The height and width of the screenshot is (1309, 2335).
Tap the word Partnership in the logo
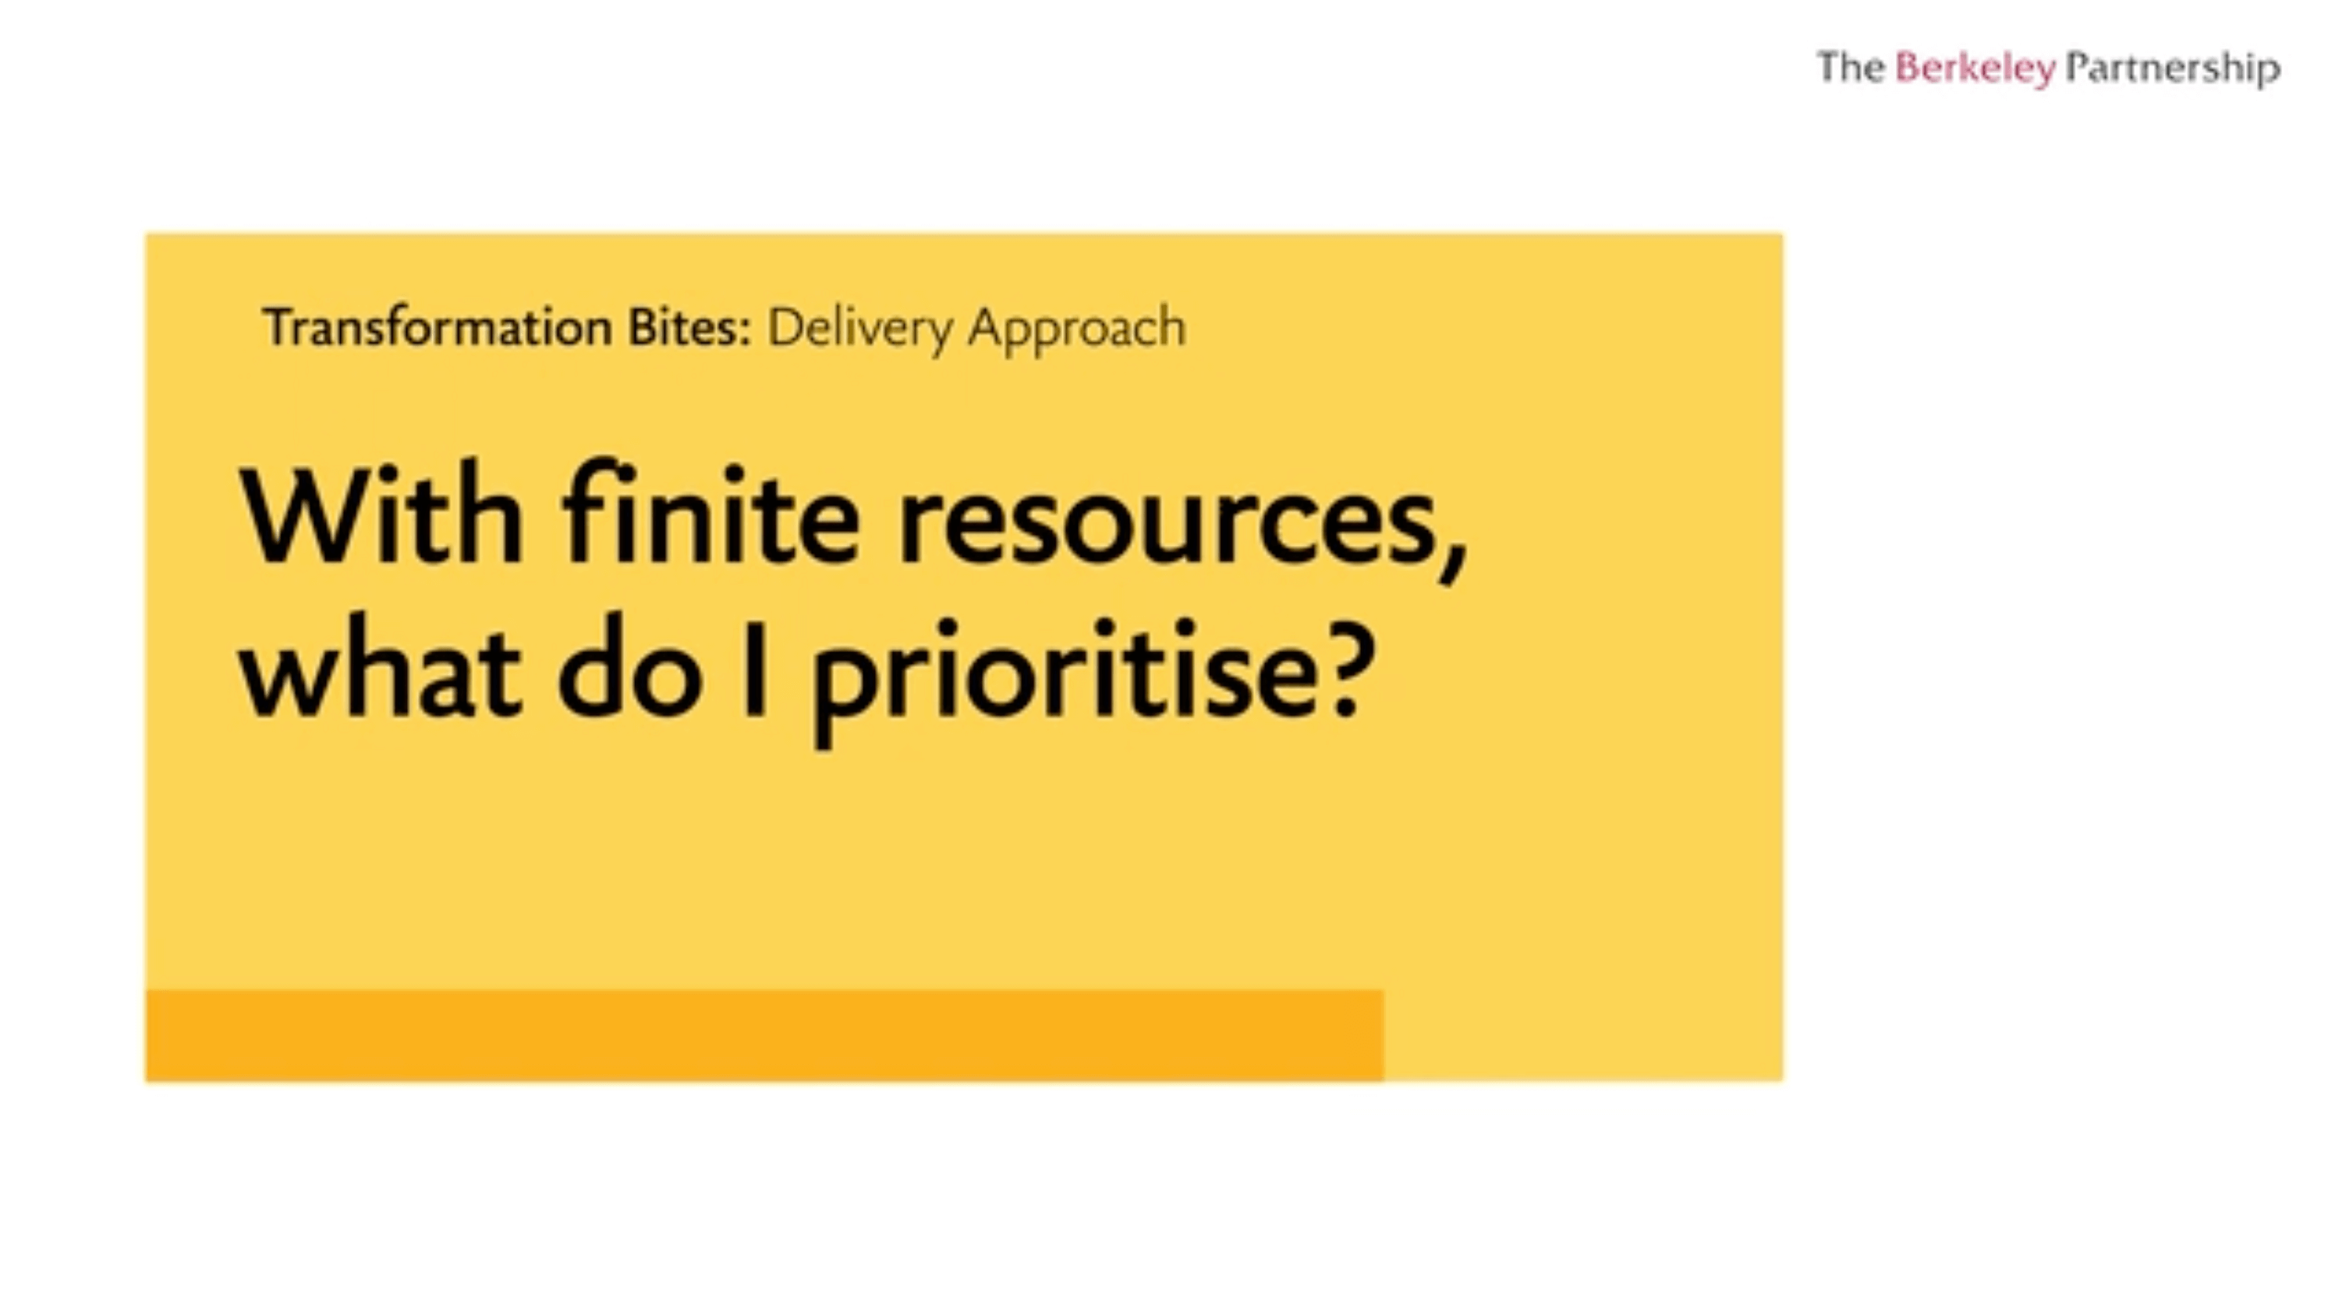(x=2173, y=69)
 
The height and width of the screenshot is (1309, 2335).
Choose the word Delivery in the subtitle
(x=860, y=328)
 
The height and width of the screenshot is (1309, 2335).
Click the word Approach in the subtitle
(x=1077, y=328)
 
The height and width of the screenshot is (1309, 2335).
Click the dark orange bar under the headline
(x=764, y=1035)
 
